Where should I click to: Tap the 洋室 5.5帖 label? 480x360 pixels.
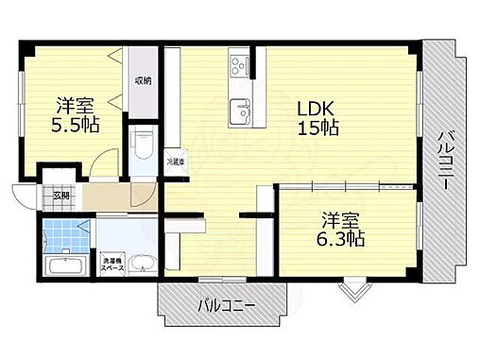(x=75, y=114)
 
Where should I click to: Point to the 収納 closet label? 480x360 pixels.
(x=143, y=80)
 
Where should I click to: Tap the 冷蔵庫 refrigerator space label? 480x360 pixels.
(x=176, y=162)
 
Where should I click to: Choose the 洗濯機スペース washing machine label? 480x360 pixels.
(x=111, y=262)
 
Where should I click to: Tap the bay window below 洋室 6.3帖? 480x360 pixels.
(x=352, y=286)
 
